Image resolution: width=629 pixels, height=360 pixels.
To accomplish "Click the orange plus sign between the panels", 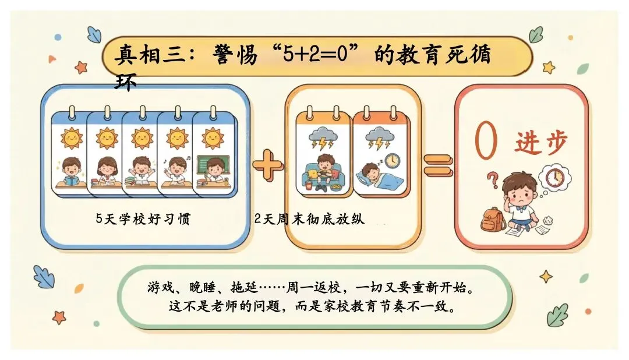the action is coord(268,167).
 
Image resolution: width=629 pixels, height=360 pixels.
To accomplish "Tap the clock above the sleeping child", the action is coord(392,159).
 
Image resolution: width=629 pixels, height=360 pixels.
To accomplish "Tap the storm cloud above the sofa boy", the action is coord(323,138).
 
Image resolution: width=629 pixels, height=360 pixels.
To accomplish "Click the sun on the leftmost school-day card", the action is coord(71,138).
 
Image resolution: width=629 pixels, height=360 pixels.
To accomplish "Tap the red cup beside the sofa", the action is coord(307,185).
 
